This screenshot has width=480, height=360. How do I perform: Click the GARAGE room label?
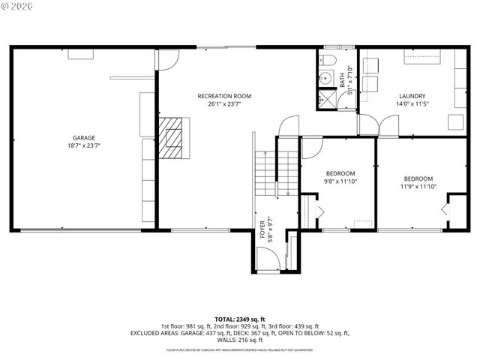[x=83, y=137]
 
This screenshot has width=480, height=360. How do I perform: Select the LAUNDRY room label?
[x=412, y=96]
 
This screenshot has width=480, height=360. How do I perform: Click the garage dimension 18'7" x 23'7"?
[x=83, y=145]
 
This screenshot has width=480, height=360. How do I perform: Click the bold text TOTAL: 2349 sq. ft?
[x=240, y=319]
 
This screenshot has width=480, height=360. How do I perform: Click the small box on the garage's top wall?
[x=79, y=53]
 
